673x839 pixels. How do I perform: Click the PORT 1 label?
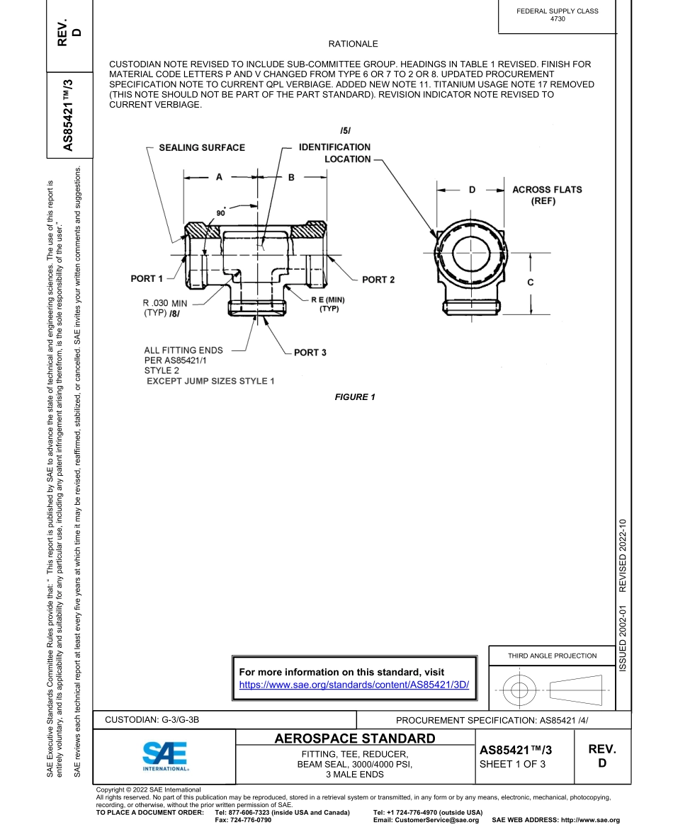click(x=147, y=278)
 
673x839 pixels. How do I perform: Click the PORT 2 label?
click(x=378, y=280)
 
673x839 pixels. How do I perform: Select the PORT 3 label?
click(x=310, y=353)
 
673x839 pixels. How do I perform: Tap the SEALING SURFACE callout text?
click(x=201, y=147)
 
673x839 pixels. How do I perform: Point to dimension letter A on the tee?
click(x=220, y=178)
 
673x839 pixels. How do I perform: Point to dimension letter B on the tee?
click(x=290, y=178)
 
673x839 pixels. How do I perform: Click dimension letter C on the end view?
click(x=531, y=282)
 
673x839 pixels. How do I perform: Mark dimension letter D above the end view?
click(x=473, y=190)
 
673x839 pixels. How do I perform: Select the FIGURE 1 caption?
click(x=355, y=397)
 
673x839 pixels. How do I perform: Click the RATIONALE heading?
click(x=354, y=44)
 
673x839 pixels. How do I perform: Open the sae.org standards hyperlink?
click(x=354, y=685)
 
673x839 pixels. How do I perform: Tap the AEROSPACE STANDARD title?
click(x=355, y=738)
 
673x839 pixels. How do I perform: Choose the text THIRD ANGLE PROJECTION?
click(x=552, y=656)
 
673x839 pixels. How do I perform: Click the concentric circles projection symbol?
click(x=521, y=688)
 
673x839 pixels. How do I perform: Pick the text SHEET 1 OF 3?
click(x=512, y=764)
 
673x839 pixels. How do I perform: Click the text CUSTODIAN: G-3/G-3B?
click(x=152, y=720)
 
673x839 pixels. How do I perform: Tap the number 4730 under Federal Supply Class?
click(x=558, y=19)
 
